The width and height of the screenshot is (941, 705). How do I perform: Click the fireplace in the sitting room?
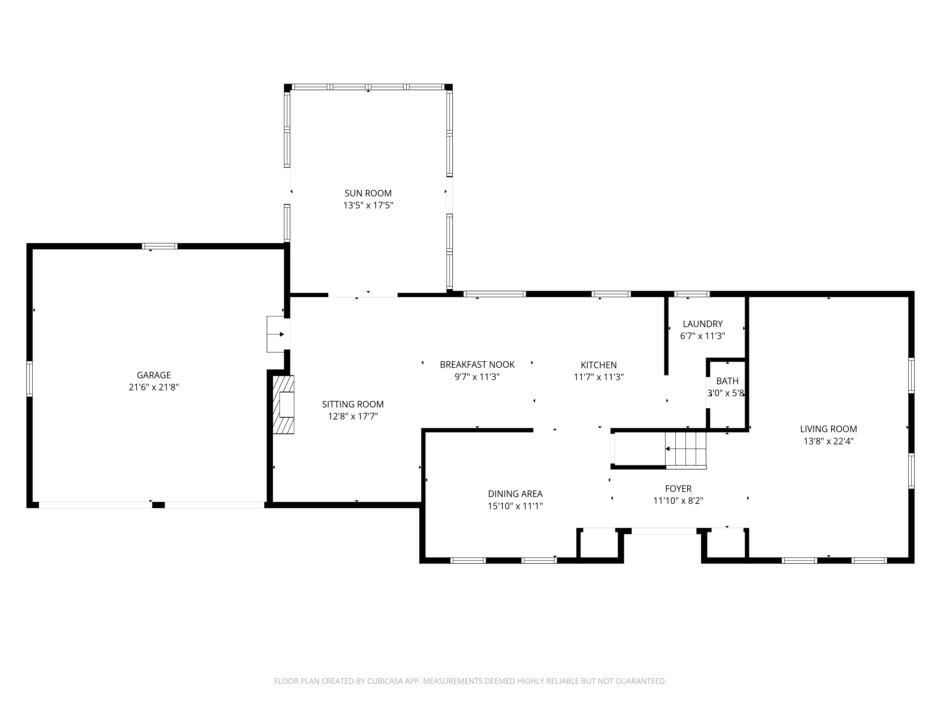283,405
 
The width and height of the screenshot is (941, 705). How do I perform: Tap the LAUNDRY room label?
702,324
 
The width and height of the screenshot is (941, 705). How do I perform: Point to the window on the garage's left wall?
29,379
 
